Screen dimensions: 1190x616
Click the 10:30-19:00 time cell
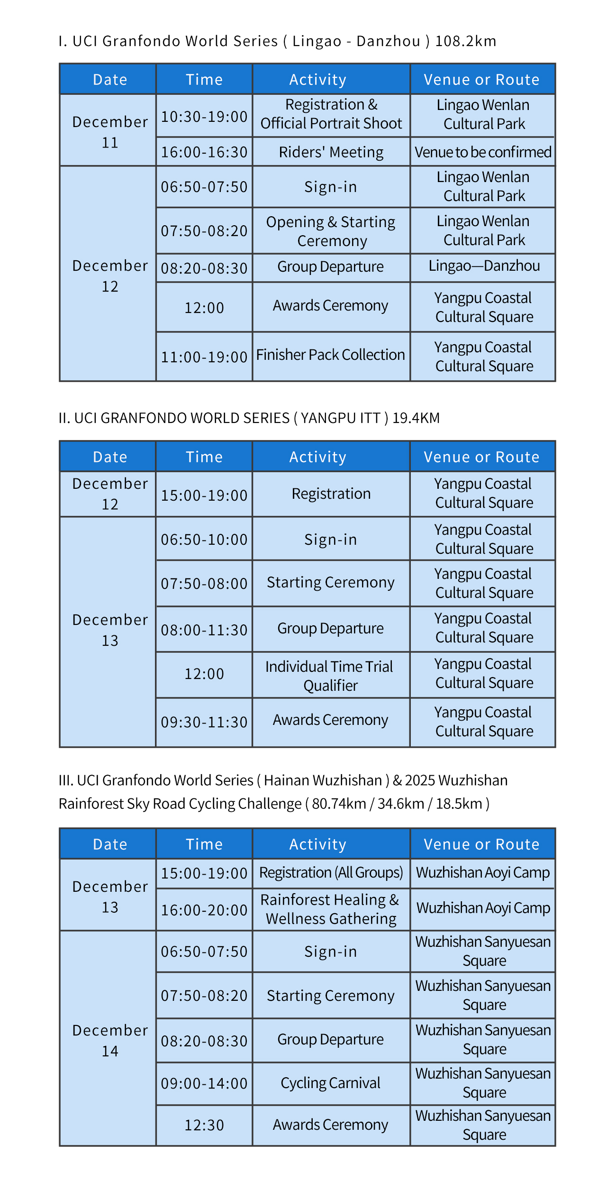pyautogui.click(x=204, y=117)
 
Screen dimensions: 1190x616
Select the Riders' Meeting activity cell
pyautogui.click(x=331, y=152)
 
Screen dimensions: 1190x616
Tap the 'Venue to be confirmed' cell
pyautogui.click(x=483, y=152)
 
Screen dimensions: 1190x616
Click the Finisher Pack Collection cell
pyautogui.click(x=330, y=355)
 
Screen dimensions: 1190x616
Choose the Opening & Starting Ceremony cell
pyautogui.click(x=331, y=231)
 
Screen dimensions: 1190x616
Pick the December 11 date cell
pyautogui.click(x=110, y=132)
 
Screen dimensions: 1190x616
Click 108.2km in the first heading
pyautogui.click(x=465, y=42)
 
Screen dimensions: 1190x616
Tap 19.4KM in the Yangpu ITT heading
pyautogui.click(x=416, y=418)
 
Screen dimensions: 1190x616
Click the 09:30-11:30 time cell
pyautogui.click(x=204, y=722)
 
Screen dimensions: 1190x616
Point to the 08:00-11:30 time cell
pyautogui.click(x=204, y=630)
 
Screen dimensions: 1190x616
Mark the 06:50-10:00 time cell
pyautogui.click(x=204, y=540)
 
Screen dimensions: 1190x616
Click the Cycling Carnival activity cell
pyautogui.click(x=330, y=1083)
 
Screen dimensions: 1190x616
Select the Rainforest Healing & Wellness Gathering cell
pyautogui.click(x=331, y=909)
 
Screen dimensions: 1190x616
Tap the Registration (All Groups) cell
pyautogui.click(x=331, y=873)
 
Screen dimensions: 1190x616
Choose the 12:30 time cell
pyautogui.click(x=204, y=1125)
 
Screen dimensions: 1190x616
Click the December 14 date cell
pyautogui.click(x=110, y=1041)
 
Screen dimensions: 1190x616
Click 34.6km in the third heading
pyautogui.click(x=400, y=804)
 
